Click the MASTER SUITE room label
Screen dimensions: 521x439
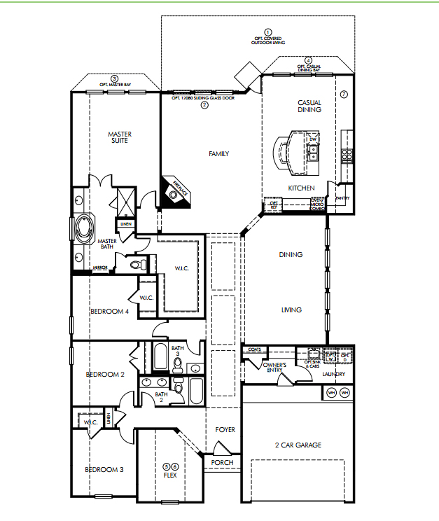[x=120, y=137]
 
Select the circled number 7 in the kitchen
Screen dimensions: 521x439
[x=344, y=94]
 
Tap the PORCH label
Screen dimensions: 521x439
[x=222, y=462]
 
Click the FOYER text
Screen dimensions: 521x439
[x=225, y=429]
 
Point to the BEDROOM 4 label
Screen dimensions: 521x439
[x=109, y=311]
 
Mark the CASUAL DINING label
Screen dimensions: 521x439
[x=309, y=106]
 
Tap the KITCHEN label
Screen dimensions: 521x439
[x=301, y=188]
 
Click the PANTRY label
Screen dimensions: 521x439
[x=342, y=198]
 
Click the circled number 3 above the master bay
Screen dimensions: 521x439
[x=115, y=78]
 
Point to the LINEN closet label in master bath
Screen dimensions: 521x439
[x=126, y=225]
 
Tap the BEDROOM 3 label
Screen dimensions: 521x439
[x=104, y=469]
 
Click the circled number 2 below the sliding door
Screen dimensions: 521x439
[x=204, y=106]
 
